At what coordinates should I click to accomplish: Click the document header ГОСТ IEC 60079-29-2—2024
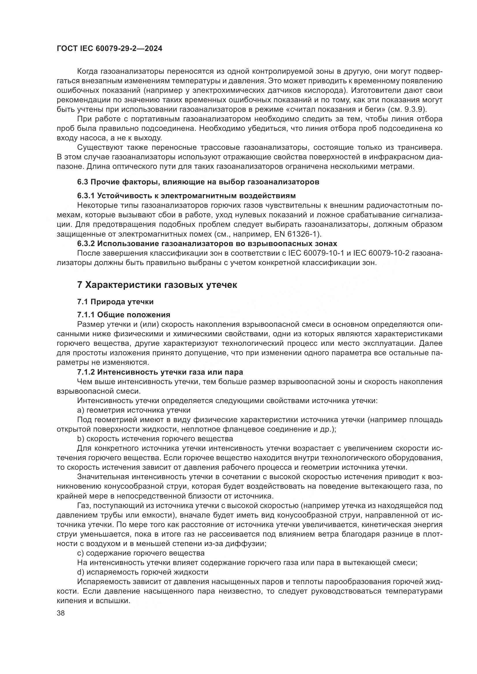[x=109, y=49]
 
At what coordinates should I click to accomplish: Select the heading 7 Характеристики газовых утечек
[x=157, y=285]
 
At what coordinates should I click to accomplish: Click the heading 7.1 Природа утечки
[x=115, y=302]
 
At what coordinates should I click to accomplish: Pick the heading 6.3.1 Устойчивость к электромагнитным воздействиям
[x=186, y=195]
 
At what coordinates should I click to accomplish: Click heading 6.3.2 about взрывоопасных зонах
[x=207, y=244]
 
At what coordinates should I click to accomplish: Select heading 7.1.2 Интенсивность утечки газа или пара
[x=160, y=372]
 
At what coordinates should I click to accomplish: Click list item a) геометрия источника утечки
[x=134, y=410]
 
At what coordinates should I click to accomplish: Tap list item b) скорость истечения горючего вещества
[x=155, y=439]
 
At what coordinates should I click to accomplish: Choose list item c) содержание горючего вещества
[x=141, y=553]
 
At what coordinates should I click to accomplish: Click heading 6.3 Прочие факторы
[x=198, y=182]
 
